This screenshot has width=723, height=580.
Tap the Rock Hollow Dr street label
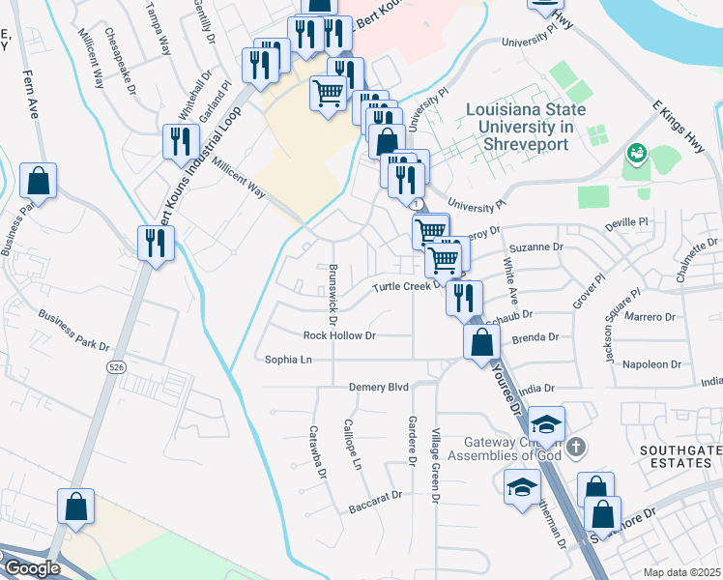pyautogui.click(x=338, y=335)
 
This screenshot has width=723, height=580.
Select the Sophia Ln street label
pyautogui.click(x=289, y=360)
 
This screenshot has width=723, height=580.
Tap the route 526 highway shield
pyautogui.click(x=117, y=368)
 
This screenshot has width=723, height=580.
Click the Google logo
pyautogui.click(x=31, y=569)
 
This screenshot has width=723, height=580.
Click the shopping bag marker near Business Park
pyautogui.click(x=38, y=180)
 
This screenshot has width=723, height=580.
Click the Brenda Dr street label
pyautogui.click(x=540, y=337)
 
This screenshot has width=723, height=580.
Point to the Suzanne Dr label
pyautogui.click(x=542, y=246)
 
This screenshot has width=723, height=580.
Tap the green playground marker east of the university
pyautogui.click(x=636, y=153)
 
